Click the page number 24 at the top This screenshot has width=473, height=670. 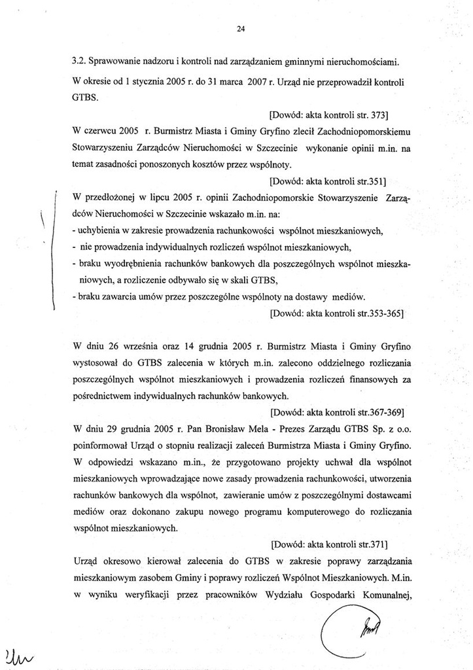240,29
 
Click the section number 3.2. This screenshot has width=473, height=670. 80,62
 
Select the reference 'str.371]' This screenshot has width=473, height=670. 385,544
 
